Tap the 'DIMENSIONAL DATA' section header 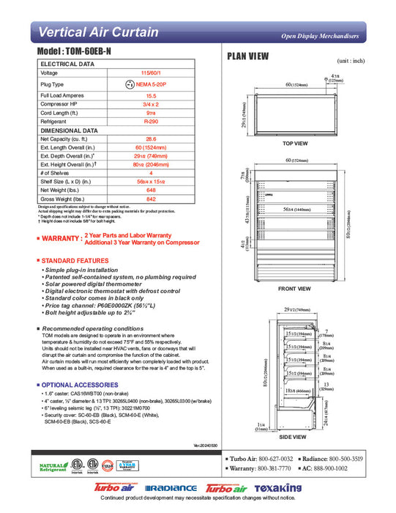click(x=69, y=130)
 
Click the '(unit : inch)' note click(x=350, y=61)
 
